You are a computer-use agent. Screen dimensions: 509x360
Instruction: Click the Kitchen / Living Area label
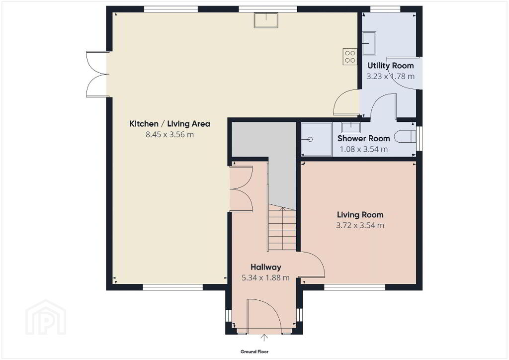click(x=170, y=124)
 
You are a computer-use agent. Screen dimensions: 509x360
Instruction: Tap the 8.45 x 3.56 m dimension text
click(x=170, y=134)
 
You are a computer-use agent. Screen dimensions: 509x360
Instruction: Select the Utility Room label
click(x=391, y=66)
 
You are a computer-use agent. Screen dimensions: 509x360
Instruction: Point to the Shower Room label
click(x=363, y=139)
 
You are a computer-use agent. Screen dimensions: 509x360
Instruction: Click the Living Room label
click(x=360, y=215)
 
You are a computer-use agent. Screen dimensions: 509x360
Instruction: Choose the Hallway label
click(x=266, y=267)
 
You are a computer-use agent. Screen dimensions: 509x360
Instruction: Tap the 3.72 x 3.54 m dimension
click(x=360, y=225)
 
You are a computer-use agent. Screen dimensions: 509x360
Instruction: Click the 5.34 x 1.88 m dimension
click(x=265, y=278)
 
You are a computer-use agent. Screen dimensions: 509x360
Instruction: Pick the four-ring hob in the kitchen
click(x=350, y=57)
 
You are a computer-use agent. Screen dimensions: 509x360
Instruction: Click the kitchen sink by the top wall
click(x=266, y=20)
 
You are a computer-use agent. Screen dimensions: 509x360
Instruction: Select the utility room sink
click(x=369, y=43)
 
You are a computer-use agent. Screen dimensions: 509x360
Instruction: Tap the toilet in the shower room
click(x=405, y=136)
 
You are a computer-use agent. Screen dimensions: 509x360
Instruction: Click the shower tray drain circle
click(x=310, y=140)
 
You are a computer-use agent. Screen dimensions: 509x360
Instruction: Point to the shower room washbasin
click(x=350, y=127)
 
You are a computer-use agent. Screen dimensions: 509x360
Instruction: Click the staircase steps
click(x=282, y=229)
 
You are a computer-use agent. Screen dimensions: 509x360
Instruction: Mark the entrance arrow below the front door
click(x=264, y=338)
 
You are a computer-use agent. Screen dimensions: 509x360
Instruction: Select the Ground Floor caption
click(x=254, y=352)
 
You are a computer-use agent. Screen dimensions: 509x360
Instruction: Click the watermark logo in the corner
click(x=46, y=317)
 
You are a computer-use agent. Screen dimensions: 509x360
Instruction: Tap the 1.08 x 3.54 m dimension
click(x=363, y=149)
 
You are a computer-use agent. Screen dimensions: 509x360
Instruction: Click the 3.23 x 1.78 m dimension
click(x=391, y=77)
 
